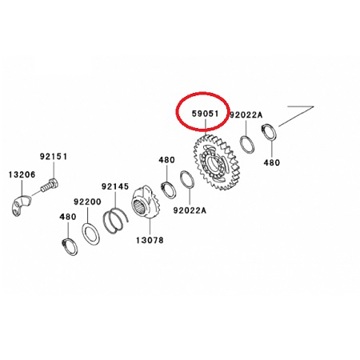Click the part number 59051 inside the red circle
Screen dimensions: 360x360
(205, 115)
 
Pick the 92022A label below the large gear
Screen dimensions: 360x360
(189, 210)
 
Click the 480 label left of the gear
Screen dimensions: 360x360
(165, 159)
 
